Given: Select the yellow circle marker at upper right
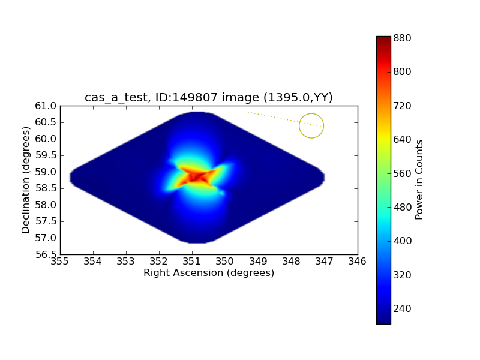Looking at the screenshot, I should (311, 125).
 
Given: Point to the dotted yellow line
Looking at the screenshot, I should (282, 119).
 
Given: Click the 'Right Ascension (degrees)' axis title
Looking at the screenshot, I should (208, 273).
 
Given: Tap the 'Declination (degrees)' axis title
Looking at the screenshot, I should (26, 180).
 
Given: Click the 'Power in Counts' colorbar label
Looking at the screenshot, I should (419, 180).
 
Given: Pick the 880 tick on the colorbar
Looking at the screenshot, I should (402, 38).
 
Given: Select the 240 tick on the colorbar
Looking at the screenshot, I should (402, 308).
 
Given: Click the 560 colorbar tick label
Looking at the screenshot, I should (402, 173).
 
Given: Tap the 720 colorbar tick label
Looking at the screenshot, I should (402, 106).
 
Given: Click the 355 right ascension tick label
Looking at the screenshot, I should (60, 262).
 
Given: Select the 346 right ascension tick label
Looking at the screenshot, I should (358, 262).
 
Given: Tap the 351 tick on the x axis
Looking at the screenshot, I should (192, 262).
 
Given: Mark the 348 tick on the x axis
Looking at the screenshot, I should (292, 262).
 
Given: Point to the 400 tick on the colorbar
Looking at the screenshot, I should (402, 241).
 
